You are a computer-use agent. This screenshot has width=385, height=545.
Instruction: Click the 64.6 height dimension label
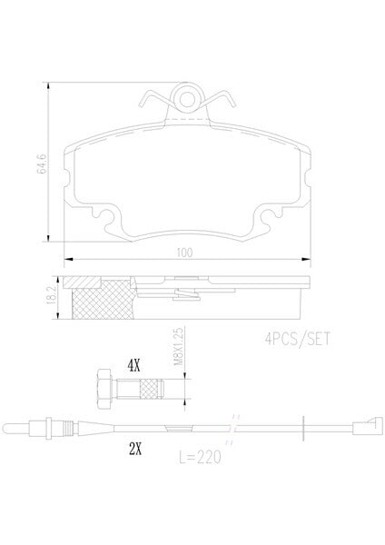tap(42, 163)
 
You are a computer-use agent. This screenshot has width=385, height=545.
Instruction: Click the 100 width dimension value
tap(184, 253)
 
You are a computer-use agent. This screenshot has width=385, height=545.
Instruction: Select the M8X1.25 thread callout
tap(178, 346)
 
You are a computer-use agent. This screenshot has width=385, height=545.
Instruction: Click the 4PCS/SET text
tap(298, 339)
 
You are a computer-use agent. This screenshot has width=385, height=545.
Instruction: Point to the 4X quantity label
tap(134, 366)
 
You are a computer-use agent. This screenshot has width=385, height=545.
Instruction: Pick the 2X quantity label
tap(135, 450)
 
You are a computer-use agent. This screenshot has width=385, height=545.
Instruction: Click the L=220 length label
tap(200, 457)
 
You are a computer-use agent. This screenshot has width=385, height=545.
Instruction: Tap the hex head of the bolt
tap(104, 389)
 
